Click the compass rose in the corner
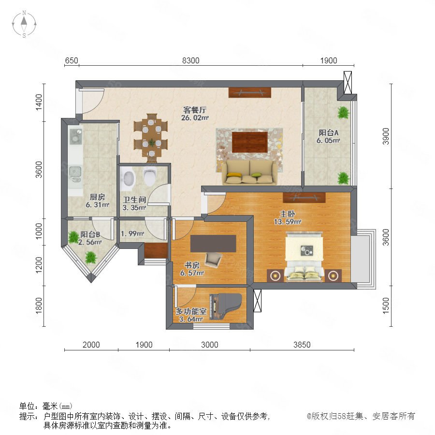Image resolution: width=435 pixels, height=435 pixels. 24,24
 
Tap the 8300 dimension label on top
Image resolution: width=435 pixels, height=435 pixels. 190,60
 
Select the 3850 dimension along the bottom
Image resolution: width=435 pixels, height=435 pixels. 302,345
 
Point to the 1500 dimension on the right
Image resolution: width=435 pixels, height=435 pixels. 386,306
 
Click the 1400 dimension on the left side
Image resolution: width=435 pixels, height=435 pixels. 39,102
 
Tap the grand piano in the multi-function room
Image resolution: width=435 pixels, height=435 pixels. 226,306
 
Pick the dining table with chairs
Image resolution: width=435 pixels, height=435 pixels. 151,138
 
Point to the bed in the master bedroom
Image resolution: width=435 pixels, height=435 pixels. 304,257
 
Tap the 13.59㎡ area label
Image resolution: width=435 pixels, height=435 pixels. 288,222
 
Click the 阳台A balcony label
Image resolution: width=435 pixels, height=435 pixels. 329,132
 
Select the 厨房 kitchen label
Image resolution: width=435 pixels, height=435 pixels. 97,197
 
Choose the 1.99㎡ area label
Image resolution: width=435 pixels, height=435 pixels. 132,233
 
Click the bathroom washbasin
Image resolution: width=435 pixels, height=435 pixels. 129,178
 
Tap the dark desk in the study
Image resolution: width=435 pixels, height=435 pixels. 213,244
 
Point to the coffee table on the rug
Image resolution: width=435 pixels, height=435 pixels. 250,142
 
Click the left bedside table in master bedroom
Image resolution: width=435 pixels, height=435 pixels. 275,276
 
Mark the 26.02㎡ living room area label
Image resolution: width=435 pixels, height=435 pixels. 195,117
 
